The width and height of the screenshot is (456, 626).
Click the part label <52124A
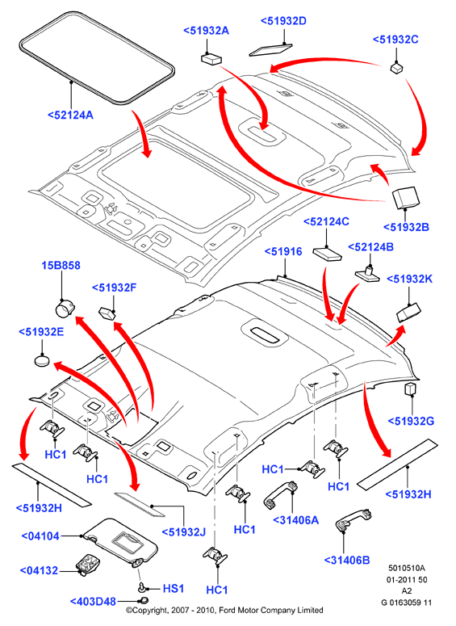[70, 115]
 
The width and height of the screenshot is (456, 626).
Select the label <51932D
[283, 21]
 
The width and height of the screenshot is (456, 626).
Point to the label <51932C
[395, 40]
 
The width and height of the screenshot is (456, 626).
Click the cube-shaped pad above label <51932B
[406, 197]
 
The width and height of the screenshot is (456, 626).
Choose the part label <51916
[283, 251]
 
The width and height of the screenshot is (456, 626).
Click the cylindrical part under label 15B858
[65, 309]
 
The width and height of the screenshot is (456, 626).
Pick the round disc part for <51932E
[42, 361]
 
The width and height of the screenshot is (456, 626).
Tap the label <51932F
[115, 288]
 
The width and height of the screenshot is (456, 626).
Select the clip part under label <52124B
[367, 273]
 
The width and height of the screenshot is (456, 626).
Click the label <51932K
[410, 279]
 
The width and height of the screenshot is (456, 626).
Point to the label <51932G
[411, 421]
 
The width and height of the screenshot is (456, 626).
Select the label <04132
[40, 571]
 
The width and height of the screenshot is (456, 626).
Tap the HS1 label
[174, 589]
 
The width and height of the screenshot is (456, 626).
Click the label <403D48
[93, 601]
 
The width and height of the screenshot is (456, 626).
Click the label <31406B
[347, 560]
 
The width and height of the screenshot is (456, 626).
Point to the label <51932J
[184, 531]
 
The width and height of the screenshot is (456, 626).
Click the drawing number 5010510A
[407, 568]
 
